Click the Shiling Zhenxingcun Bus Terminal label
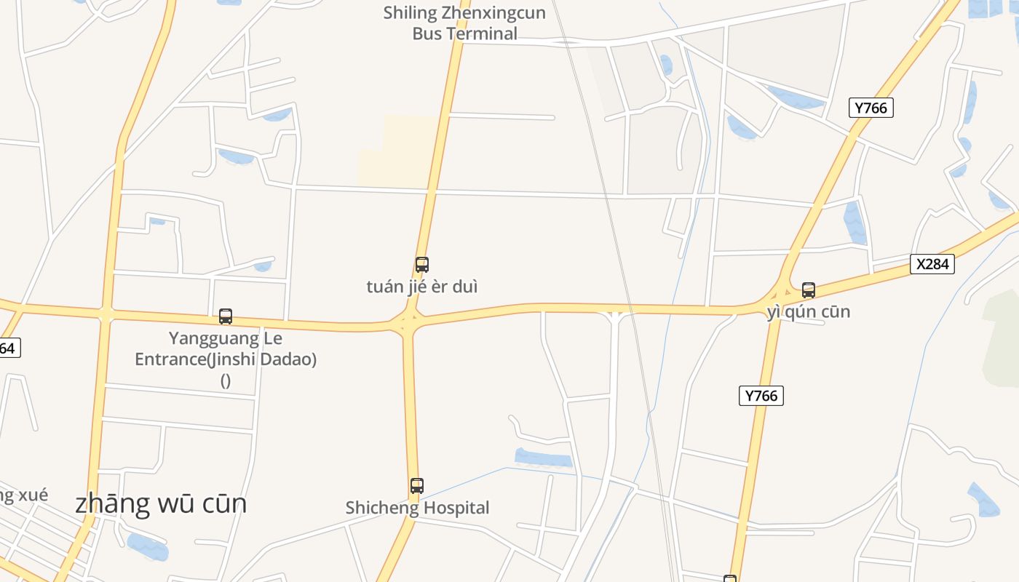coord(464,23)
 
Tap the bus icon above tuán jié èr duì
coord(422,265)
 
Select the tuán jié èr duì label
coord(422,287)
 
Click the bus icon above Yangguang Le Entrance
coord(226,316)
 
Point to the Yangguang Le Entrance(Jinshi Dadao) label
coord(226,348)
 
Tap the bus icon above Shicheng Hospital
coord(417,486)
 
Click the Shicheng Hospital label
coord(417,508)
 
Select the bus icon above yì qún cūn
coord(808,290)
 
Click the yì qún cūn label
coord(808,312)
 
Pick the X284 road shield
coord(932,264)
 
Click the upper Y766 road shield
coord(871,108)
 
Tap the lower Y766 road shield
coord(761,396)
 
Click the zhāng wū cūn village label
coord(161,503)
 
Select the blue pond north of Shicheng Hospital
coord(543,458)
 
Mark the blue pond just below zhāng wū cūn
coord(147,546)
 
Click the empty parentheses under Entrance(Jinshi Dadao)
coord(226,380)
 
